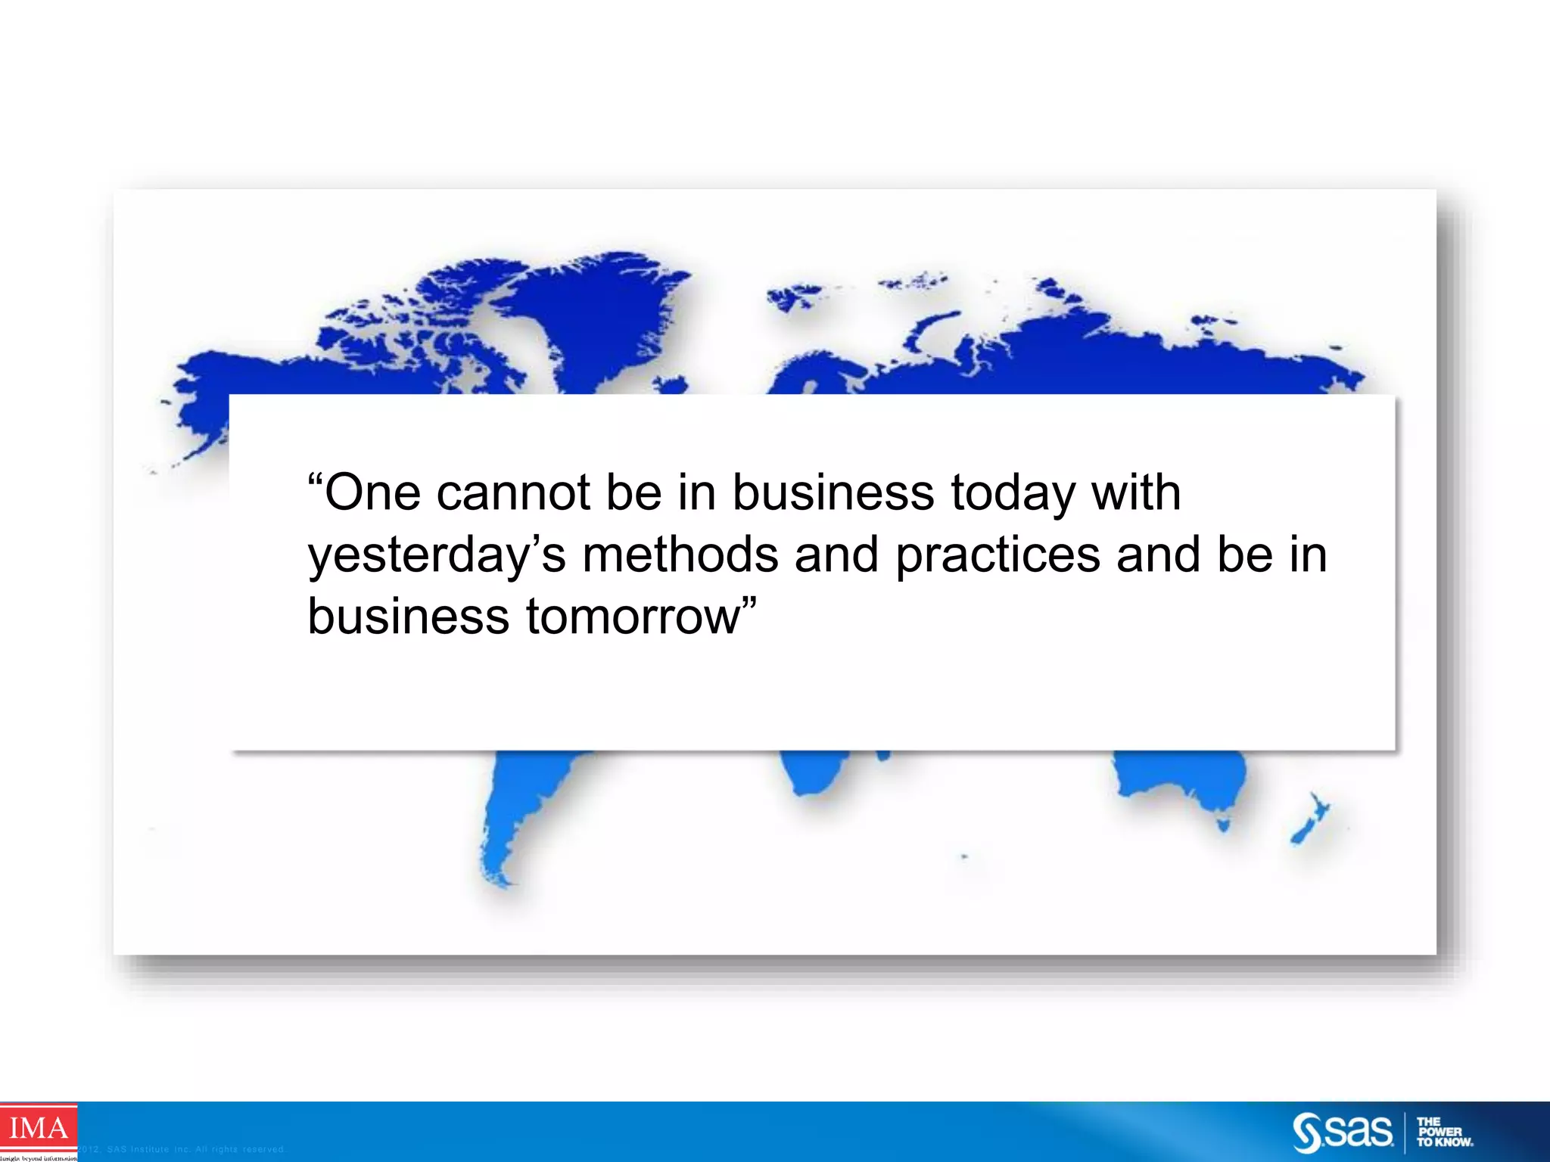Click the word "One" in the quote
372,493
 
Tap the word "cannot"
512,493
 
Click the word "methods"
680,555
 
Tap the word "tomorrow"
633,617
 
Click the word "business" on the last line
408,617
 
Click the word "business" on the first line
833,493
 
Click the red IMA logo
38,1129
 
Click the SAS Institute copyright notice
182,1149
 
